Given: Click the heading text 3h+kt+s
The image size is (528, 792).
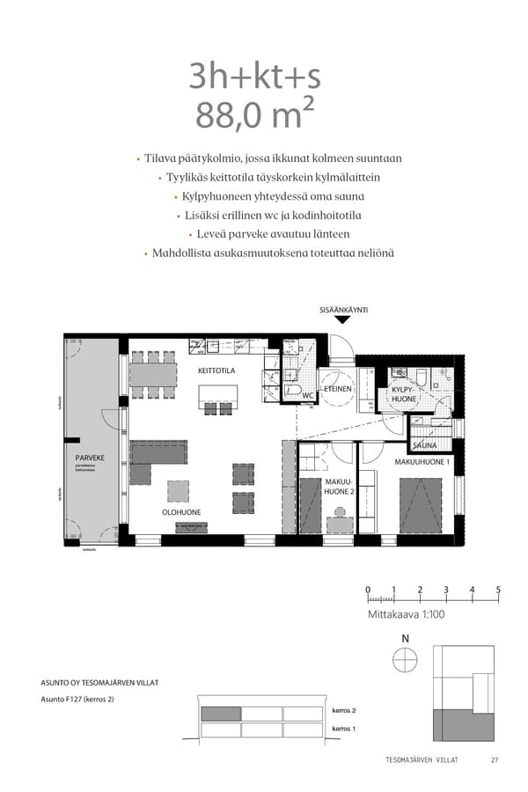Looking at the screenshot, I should (254, 77).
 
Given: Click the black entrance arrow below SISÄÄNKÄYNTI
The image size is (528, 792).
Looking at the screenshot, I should (343, 320).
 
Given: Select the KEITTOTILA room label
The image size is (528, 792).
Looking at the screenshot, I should (216, 371).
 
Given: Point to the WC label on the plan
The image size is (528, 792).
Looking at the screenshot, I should (308, 396).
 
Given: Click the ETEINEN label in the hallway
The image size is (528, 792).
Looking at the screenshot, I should (338, 388).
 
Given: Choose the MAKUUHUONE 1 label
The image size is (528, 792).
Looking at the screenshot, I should (422, 461).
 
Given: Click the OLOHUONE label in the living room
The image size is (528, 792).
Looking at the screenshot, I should (180, 512).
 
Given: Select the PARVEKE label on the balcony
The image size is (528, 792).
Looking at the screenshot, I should (90, 458).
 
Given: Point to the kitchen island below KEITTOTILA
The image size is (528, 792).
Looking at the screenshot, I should (216, 407).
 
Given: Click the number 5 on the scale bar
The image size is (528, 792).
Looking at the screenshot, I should (498, 590).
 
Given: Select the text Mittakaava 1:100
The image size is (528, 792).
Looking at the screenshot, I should (406, 614).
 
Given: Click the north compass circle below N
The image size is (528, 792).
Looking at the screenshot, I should (405, 658).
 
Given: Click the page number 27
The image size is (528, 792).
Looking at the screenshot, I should (495, 760).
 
